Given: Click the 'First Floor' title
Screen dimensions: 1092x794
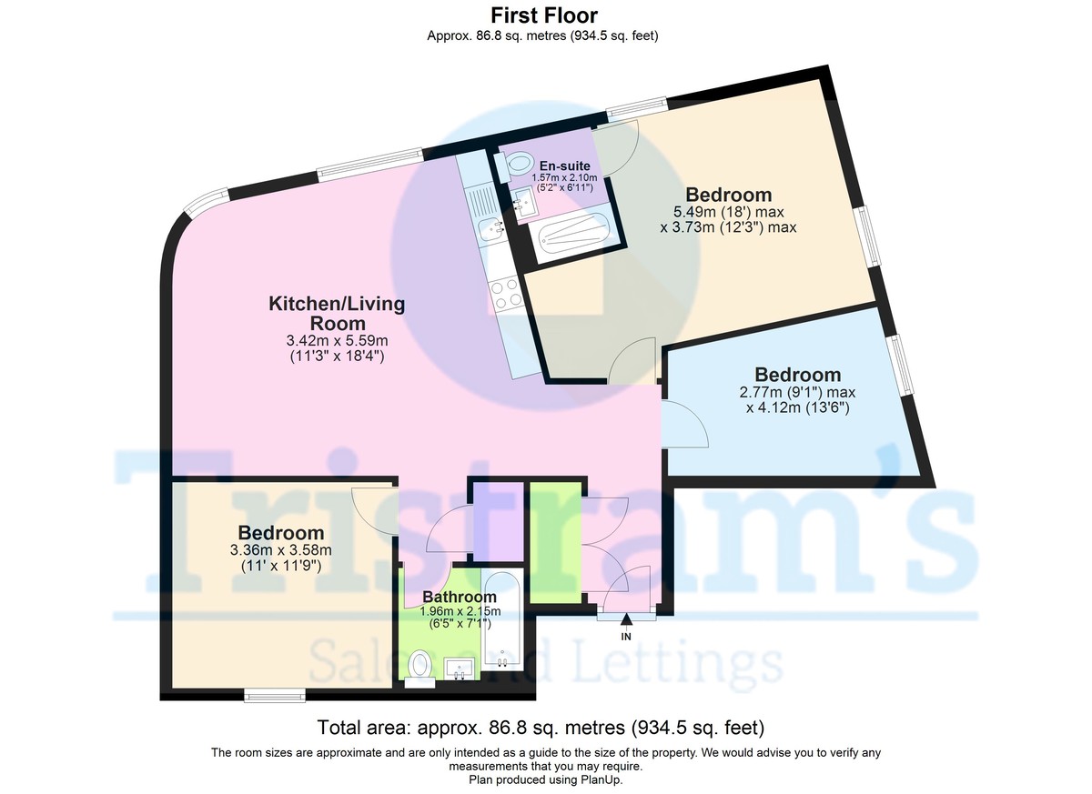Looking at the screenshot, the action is point(543,15).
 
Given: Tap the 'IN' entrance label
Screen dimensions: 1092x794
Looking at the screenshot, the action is point(626,637).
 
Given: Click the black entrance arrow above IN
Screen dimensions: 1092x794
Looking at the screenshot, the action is point(626,619).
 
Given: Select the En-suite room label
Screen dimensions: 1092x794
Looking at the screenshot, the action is point(564,166).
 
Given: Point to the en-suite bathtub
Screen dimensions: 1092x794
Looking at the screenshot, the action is point(574,235).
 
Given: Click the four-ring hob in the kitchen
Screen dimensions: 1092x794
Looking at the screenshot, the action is point(506,294).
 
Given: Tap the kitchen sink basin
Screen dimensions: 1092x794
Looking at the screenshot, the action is point(490,230).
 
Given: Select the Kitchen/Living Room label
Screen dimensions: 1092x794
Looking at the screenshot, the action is point(337,313).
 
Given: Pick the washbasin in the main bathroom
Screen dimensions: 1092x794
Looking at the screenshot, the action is point(459,668).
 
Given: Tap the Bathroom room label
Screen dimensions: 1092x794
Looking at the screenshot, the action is point(460,597).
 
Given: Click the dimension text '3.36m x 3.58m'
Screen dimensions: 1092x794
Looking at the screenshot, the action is point(281,550).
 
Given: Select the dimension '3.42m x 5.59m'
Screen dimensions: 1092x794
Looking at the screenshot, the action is point(337,340).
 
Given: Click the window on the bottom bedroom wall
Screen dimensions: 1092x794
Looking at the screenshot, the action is point(275,695).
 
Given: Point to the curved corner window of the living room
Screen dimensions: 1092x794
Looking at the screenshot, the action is point(205,199).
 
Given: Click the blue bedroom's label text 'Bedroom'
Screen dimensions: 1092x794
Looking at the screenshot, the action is point(797,375).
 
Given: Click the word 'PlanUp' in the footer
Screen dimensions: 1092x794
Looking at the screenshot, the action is point(602,779).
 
